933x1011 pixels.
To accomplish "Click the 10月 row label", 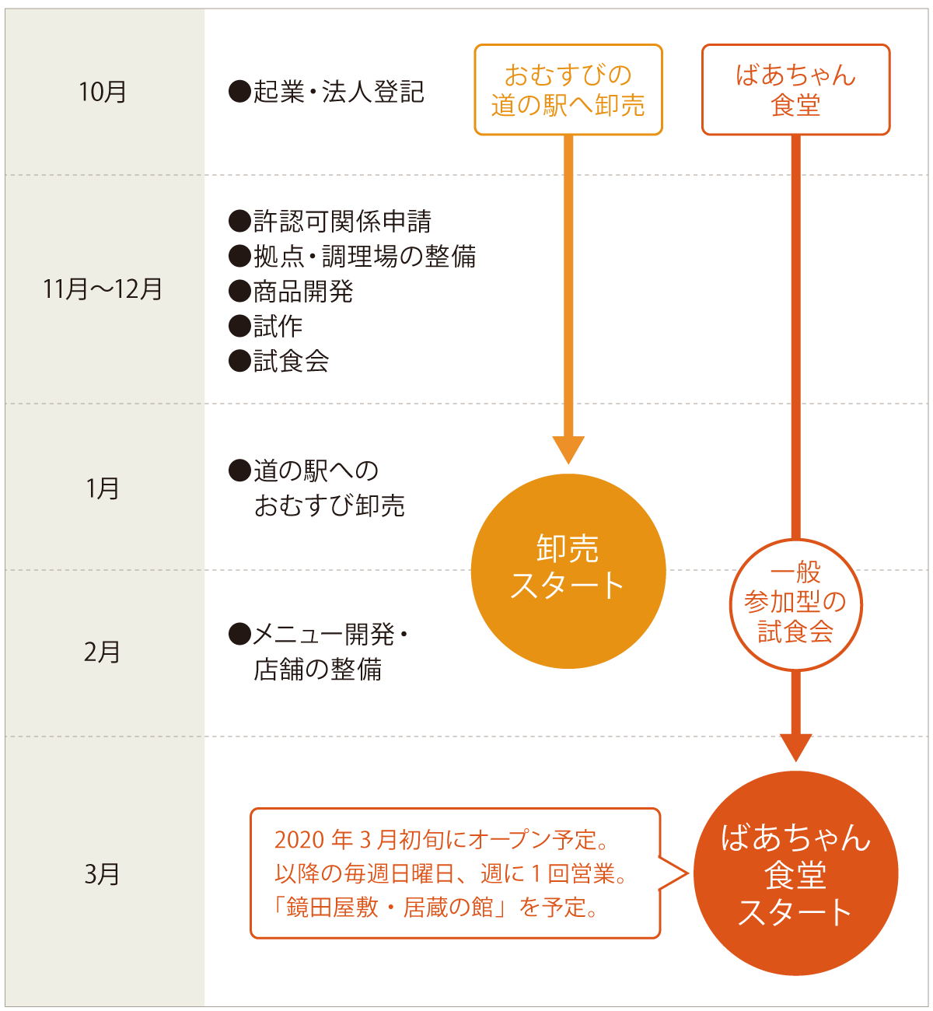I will tap(103, 92).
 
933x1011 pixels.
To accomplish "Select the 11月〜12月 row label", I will tap(103, 289).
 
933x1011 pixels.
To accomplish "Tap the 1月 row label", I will tap(103, 488).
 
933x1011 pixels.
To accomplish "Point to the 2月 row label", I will tap(103, 652).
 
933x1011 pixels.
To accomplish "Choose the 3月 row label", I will tap(103, 874).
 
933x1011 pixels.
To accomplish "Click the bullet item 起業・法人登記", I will tap(327, 92).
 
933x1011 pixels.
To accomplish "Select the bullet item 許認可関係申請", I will tap(330, 222).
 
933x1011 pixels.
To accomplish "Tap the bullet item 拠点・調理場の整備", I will tap(353, 257).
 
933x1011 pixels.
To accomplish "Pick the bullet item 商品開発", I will tap(292, 292).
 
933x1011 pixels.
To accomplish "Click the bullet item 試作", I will tap(266, 327).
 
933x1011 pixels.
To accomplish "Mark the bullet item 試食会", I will tap(279, 362).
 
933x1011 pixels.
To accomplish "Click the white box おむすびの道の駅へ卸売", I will tap(568, 90).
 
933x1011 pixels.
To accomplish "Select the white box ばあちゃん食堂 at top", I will tap(795, 90).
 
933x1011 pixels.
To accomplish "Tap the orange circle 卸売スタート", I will tap(568, 570).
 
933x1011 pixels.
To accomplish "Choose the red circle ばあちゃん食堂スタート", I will tap(795, 873).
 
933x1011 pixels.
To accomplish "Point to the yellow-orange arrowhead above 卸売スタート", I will tap(568, 450).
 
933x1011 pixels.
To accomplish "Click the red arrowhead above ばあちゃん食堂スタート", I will tap(795, 747).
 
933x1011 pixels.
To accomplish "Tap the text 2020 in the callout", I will tap(299, 840).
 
